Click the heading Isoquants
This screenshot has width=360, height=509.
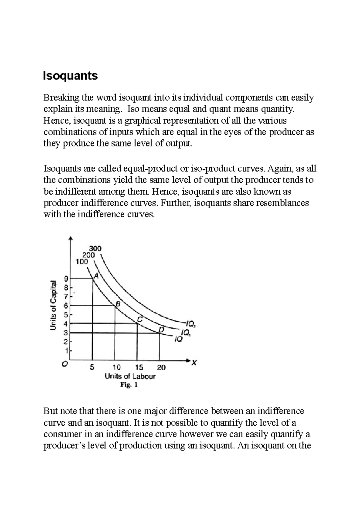[x=70, y=76]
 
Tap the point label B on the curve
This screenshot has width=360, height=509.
[x=118, y=304]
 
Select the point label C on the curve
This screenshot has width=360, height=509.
[x=139, y=320]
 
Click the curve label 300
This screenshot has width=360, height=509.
[x=95, y=249]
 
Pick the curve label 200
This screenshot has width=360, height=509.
[x=88, y=255]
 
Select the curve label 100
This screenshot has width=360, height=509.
[x=82, y=262]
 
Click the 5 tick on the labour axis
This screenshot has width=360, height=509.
[x=92, y=367]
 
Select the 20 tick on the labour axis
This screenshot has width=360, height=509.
[x=161, y=367]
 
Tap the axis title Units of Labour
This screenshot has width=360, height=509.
[x=130, y=376]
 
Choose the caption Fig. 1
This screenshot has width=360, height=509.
[x=129, y=385]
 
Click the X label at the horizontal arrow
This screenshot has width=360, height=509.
[x=194, y=363]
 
